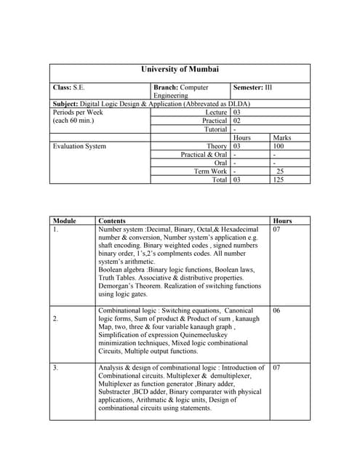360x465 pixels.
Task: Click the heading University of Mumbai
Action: [180, 70]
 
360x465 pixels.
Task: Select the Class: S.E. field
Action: [68, 87]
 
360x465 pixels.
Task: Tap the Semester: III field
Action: [252, 87]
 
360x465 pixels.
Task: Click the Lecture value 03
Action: [237, 113]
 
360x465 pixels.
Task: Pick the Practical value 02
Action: [237, 121]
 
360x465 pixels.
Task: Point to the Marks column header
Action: [281, 137]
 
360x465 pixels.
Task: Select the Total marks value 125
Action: [279, 179]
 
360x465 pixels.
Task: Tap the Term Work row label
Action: [211, 171]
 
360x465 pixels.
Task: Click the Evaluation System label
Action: [79, 146]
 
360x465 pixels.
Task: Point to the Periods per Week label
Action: [78, 113]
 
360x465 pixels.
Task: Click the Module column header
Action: [65, 221]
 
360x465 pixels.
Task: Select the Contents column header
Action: [112, 221]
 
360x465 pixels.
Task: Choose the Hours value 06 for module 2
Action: [277, 310]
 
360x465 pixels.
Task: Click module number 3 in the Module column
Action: [55, 368]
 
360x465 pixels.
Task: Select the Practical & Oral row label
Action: [204, 155]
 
